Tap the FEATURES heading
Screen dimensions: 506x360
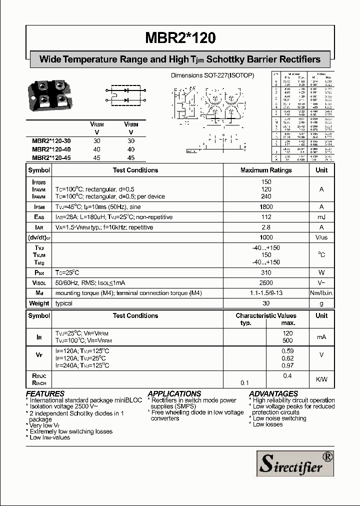(x=45, y=394)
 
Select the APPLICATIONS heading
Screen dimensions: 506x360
(x=174, y=394)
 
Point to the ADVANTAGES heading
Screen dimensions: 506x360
(x=273, y=394)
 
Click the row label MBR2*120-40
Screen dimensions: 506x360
(x=52, y=149)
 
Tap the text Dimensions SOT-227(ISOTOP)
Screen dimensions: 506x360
(x=212, y=75)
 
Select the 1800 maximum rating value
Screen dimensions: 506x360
(x=266, y=207)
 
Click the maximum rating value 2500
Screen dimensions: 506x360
(x=266, y=283)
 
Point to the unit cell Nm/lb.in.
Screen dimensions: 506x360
(x=321, y=293)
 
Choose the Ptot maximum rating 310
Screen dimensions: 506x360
(x=266, y=273)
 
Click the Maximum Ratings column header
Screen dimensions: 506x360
(x=266, y=170)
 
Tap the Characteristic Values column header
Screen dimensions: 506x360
(x=266, y=316)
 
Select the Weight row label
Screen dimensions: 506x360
(x=39, y=303)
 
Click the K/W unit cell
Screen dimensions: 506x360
(x=321, y=379)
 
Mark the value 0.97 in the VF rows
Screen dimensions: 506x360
(x=287, y=365)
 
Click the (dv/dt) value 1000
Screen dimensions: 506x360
(x=266, y=237)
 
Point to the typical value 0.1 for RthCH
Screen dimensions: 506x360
(x=245, y=383)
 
